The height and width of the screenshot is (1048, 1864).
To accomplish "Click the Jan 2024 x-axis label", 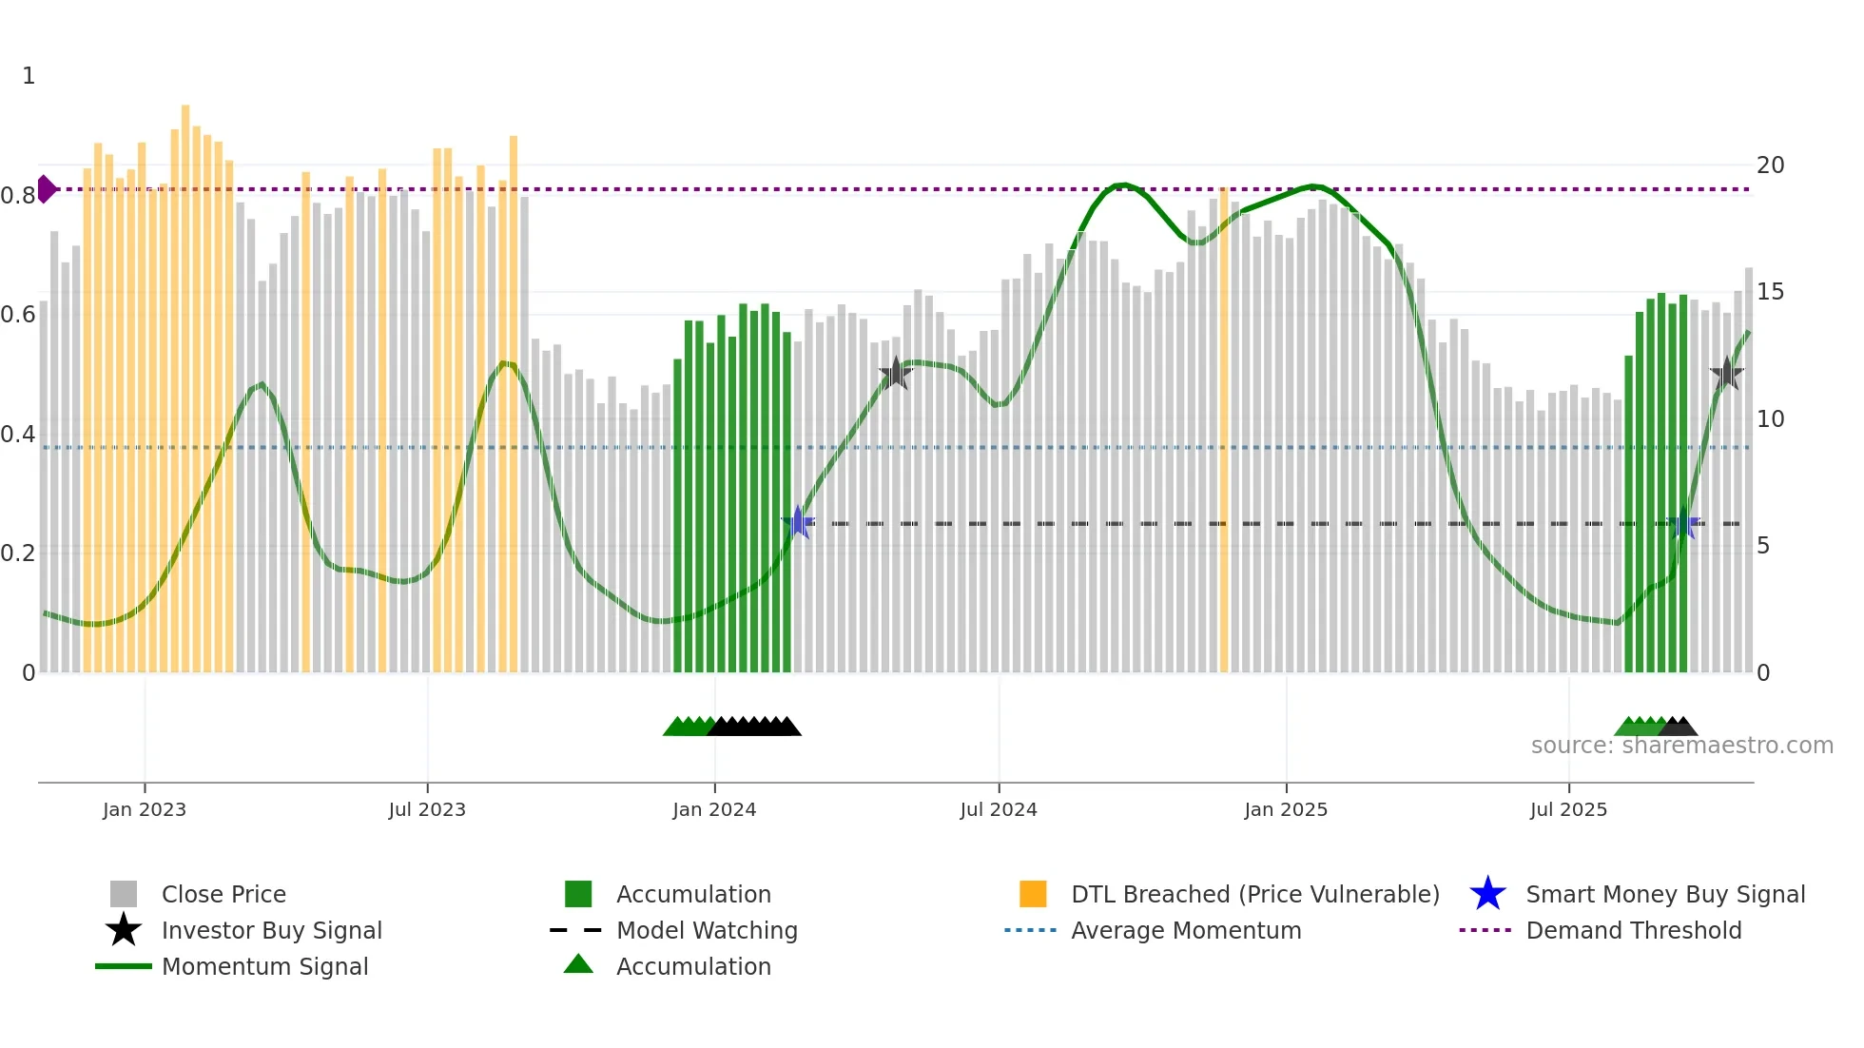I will click(x=714, y=809).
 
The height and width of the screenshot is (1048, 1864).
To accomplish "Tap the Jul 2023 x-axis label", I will click(x=427, y=809).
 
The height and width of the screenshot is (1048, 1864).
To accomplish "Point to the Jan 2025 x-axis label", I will click(x=1286, y=809).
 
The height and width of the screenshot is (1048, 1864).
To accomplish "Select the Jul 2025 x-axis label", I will click(x=1568, y=809).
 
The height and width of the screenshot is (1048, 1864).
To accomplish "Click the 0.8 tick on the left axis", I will click(x=18, y=196).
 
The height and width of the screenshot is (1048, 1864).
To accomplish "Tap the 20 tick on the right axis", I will click(x=1770, y=165).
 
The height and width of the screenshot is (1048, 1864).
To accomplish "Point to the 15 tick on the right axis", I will click(x=1770, y=292).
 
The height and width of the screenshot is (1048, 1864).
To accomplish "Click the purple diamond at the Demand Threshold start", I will click(x=46, y=189).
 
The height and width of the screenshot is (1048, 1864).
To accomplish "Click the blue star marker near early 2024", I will click(x=798, y=522).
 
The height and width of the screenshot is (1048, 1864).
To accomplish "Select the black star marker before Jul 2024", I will click(x=895, y=373).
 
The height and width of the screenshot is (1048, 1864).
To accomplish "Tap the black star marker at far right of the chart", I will click(x=1726, y=373).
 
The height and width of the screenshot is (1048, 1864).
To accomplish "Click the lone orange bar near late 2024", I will click(x=1224, y=428).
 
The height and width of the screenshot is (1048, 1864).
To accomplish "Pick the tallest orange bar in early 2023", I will click(x=185, y=380).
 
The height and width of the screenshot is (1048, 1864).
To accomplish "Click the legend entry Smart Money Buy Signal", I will click(x=1664, y=894).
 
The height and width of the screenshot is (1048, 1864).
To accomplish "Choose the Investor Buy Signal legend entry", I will click(x=271, y=930).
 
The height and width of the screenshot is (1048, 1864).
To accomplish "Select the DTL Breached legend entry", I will click(x=1254, y=894).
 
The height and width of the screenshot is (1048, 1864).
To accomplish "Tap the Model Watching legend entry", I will click(x=707, y=930).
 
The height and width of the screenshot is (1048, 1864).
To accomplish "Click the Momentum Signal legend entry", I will click(x=264, y=966).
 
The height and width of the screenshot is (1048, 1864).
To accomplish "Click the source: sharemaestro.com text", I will click(x=1681, y=746).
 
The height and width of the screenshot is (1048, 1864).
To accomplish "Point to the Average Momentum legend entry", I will click(x=1185, y=930).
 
